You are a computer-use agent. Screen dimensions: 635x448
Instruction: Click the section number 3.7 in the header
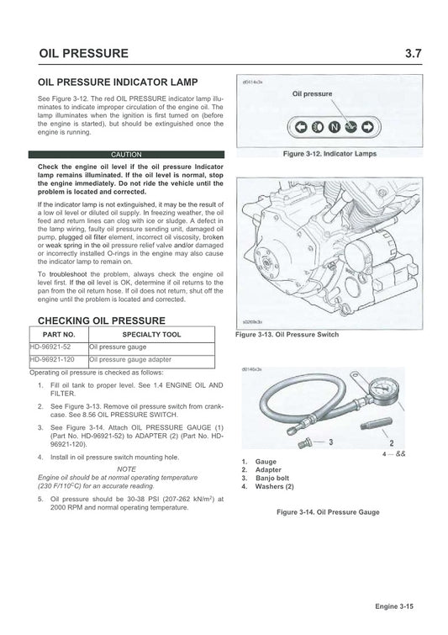pyautogui.click(x=413, y=54)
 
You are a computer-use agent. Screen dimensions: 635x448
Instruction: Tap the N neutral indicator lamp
pyautogui.click(x=334, y=128)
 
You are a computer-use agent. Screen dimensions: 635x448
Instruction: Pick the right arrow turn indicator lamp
pyautogui.click(x=368, y=128)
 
